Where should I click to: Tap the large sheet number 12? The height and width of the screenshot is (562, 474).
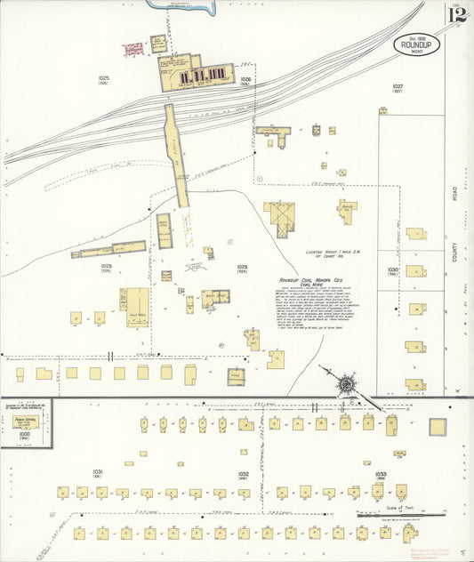456,14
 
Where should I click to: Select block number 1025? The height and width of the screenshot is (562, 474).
103,79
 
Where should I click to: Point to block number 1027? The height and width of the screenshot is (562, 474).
398,86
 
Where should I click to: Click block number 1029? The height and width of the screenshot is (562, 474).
242,266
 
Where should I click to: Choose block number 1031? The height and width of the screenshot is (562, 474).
97,471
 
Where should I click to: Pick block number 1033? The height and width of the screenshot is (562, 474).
381,474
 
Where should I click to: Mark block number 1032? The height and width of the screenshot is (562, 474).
243,474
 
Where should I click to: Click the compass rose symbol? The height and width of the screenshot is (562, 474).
345,385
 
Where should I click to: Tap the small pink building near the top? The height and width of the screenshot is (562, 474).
133,49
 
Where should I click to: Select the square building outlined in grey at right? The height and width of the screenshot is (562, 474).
438,427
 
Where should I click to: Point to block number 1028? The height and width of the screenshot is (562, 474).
106,266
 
